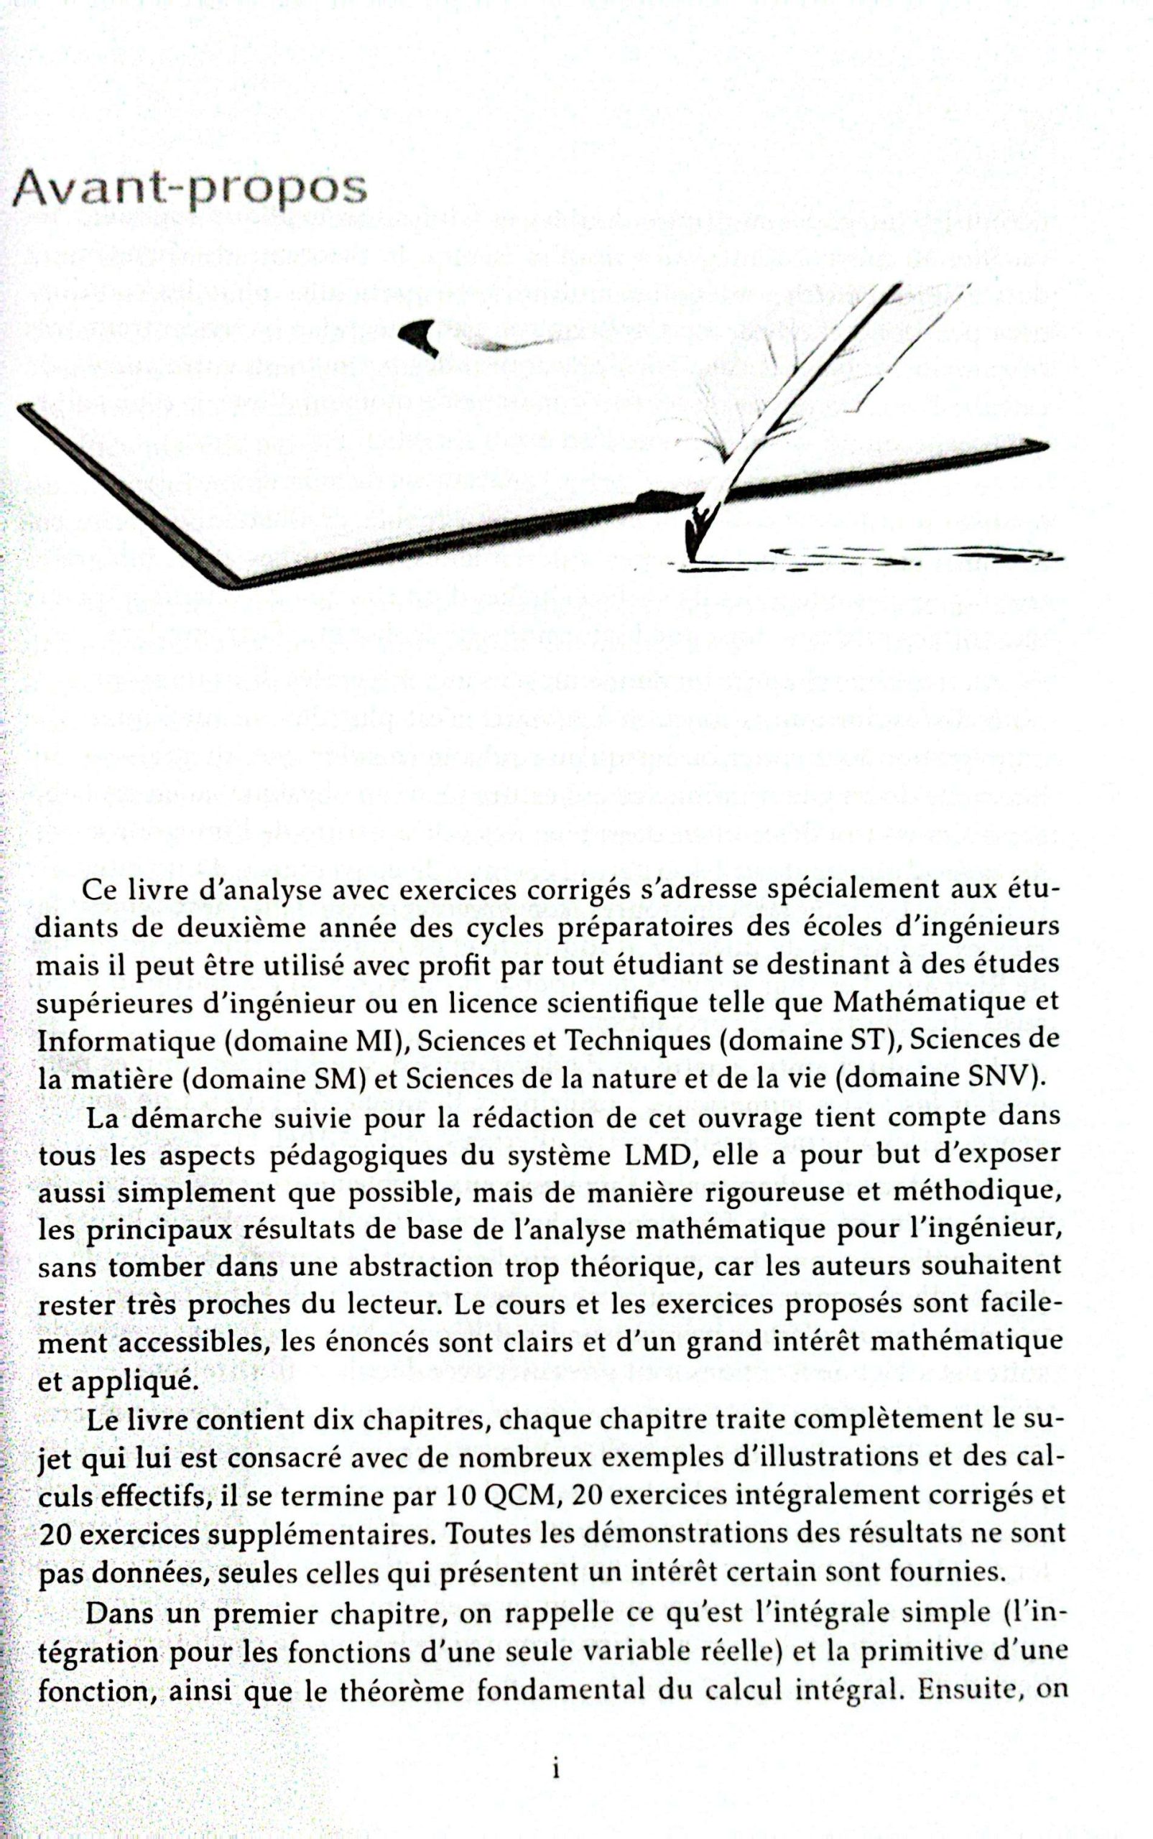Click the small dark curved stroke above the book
click(422, 335)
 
